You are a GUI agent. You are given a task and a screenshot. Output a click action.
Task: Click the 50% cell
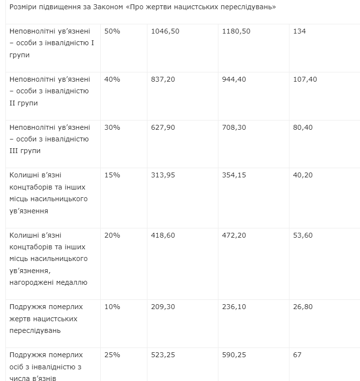coord(112,31)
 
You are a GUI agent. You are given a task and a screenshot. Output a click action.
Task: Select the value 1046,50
coord(165,31)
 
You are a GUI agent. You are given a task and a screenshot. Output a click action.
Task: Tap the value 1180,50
coord(236,31)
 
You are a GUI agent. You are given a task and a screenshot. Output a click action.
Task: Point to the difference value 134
coord(300,31)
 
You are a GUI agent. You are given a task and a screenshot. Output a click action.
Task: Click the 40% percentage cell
coord(112,79)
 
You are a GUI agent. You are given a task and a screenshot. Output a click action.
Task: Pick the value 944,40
coord(234,79)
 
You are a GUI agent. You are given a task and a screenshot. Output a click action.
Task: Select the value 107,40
coord(305,79)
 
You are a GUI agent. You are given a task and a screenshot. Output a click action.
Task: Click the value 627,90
coord(163,127)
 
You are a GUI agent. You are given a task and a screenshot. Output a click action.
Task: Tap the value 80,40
coord(303,127)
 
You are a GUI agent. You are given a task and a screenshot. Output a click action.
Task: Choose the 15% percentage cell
coord(112,175)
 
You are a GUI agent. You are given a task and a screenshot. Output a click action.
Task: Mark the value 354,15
coord(234,175)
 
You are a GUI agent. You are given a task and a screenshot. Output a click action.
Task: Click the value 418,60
coord(163,235)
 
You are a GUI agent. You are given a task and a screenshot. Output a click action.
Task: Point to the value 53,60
coord(303,235)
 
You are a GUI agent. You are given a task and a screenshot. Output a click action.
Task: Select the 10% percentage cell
coord(112,307)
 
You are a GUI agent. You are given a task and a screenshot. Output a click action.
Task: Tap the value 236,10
coord(234,307)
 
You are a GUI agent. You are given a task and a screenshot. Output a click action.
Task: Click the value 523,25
coord(163,355)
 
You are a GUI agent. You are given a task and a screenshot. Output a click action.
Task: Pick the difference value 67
coord(297,355)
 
